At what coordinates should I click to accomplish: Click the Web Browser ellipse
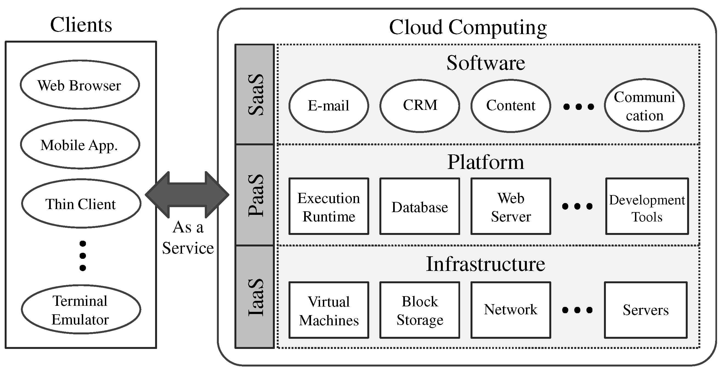[x=80, y=85]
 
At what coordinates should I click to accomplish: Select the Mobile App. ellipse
[x=80, y=145]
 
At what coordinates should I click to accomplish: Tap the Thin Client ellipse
[x=81, y=204]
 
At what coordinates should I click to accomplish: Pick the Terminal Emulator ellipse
[x=81, y=310]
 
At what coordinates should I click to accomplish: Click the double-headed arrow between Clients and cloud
[x=187, y=195]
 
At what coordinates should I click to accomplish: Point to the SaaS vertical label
[x=255, y=95]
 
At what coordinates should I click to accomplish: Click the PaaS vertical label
[x=255, y=195]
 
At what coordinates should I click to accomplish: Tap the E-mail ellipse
[x=329, y=106]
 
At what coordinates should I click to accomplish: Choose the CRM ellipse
[x=420, y=106]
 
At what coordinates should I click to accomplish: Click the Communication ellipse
[x=644, y=106]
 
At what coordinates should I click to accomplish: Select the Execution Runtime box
[x=329, y=206]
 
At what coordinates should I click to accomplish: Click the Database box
[x=420, y=206]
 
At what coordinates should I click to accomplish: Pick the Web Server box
[x=511, y=206]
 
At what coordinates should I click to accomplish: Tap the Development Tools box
[x=647, y=206]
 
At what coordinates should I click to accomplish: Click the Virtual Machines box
[x=329, y=310]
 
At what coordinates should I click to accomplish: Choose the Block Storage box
[x=420, y=310]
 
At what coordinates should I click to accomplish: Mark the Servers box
[x=646, y=310]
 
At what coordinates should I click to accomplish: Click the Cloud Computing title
[x=468, y=27]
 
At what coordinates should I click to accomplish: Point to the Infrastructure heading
[x=485, y=264]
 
